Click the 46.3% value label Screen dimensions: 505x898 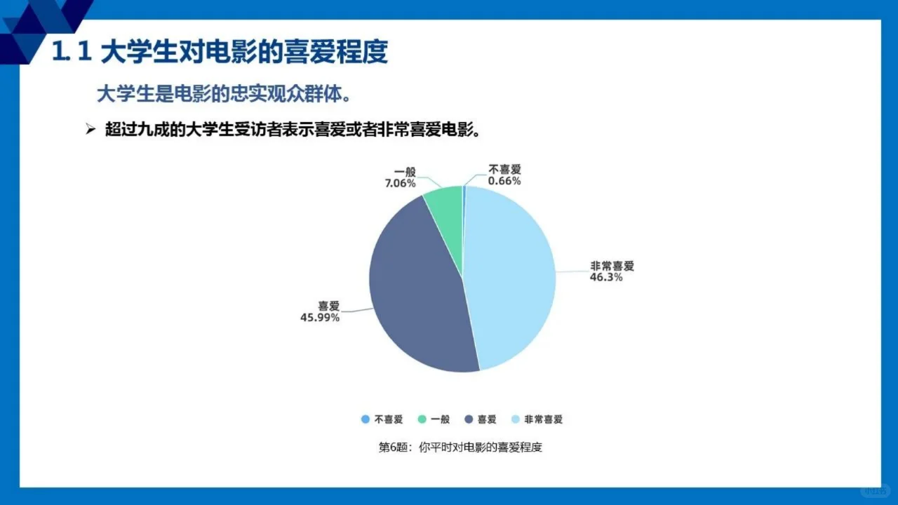click(606, 277)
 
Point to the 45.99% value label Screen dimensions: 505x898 click(320, 318)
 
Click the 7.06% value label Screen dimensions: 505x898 click(400, 183)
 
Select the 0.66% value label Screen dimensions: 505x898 click(505, 181)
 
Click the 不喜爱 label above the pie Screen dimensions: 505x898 click(505, 170)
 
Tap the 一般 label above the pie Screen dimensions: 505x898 click(406, 172)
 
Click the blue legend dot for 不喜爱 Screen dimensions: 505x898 click(365, 419)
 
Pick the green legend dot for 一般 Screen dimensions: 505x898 click(422, 419)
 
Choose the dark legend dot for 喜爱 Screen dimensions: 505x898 click(469, 419)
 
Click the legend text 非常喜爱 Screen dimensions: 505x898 click(544, 419)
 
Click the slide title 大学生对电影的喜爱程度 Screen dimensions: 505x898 click(244, 53)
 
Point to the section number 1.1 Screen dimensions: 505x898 click(72, 53)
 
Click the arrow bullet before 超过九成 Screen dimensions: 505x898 click(90, 130)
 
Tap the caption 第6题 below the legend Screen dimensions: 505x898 click(460, 447)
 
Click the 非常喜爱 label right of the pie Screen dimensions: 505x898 click(612, 266)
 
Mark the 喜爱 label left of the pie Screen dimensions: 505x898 click(328, 306)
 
